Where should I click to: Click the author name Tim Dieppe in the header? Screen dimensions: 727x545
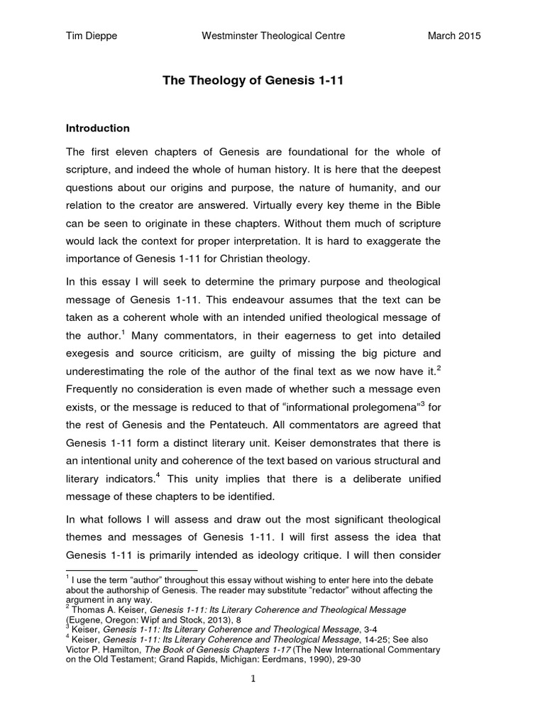point(89,36)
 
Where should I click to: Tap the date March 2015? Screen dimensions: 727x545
point(454,36)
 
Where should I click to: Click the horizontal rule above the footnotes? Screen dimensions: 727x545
point(131,571)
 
